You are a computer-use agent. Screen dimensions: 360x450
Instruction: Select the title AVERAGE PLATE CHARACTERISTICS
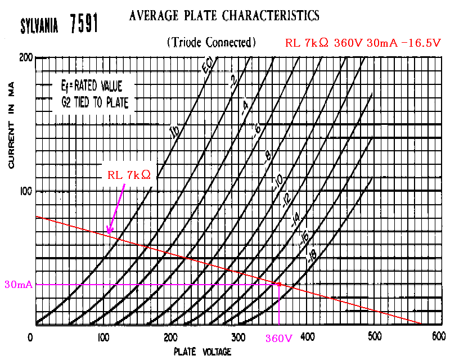224,15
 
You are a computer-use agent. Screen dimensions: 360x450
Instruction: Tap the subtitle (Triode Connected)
211,42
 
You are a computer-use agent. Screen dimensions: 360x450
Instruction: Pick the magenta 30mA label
18,284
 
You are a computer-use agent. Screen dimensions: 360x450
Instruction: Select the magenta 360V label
279,338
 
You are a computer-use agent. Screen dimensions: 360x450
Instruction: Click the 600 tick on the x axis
438,336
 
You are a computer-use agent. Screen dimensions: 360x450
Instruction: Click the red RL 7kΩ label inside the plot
129,175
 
